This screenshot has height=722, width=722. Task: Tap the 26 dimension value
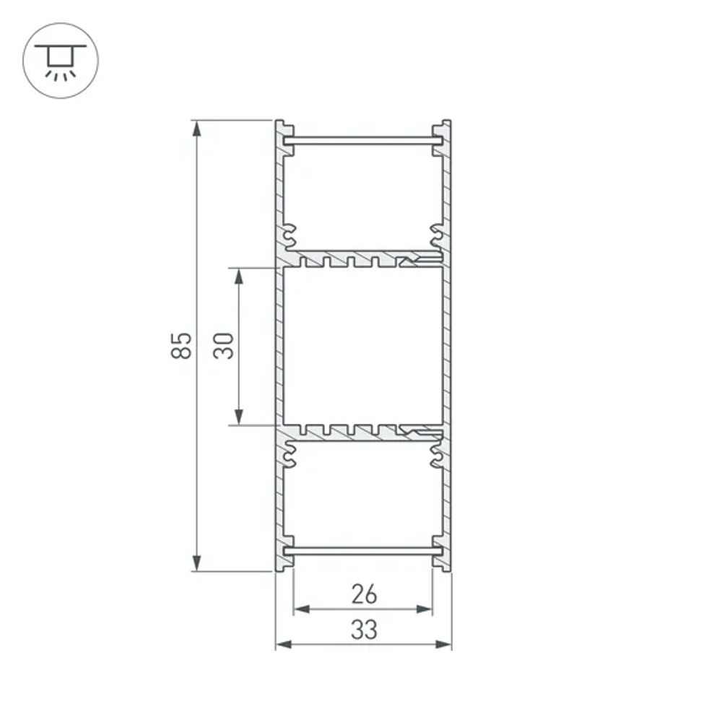click(364, 594)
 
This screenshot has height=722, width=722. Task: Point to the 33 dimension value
click(364, 630)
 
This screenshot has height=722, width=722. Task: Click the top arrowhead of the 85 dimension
click(196, 128)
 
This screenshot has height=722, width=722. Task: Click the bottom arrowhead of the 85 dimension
click(196, 563)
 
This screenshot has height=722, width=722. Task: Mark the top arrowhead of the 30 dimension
click(239, 275)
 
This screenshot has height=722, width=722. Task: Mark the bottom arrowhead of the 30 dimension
click(239, 417)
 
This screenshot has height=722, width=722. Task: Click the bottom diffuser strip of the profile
click(363, 551)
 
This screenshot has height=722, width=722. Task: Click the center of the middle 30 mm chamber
click(362, 345)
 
